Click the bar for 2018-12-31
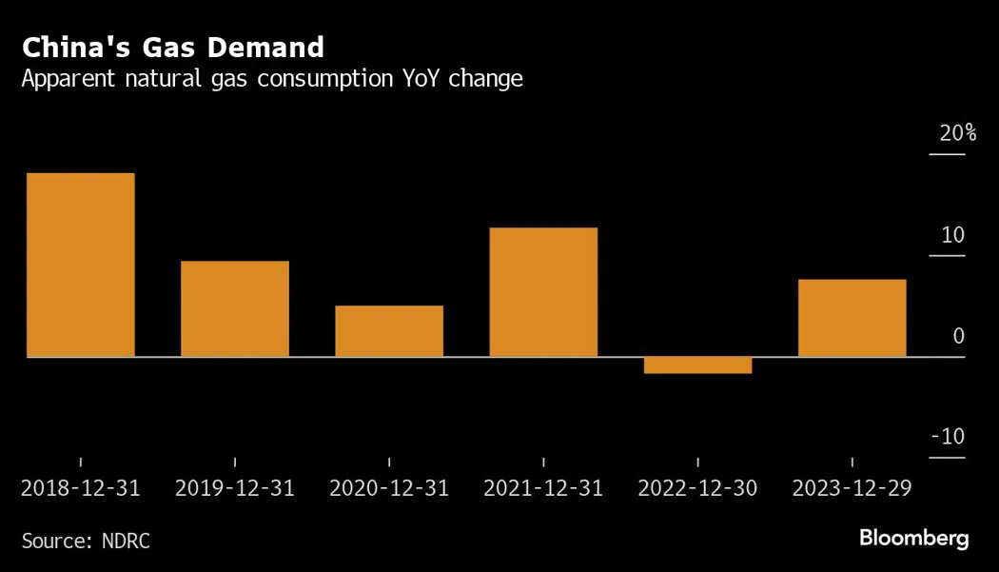click(81, 265)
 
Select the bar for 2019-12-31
click(235, 308)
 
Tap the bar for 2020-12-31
click(389, 331)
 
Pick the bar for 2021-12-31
click(543, 292)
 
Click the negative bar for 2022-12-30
click(697, 365)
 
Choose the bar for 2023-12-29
click(852, 318)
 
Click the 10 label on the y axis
click(952, 235)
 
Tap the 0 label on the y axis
click(958, 336)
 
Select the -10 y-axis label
click(948, 437)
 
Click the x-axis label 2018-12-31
click(81, 488)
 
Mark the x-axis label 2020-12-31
click(389, 488)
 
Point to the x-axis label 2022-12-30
click(697, 488)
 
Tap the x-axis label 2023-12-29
click(852, 488)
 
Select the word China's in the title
click(77, 47)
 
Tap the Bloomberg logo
click(913, 539)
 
